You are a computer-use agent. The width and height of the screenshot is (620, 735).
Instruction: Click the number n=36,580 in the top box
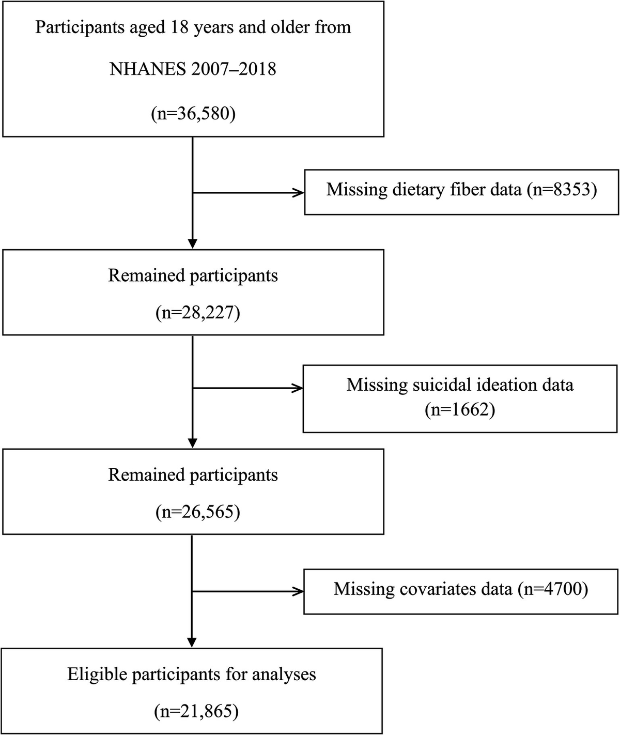click(193, 113)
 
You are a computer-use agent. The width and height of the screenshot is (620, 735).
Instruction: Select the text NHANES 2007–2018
click(193, 69)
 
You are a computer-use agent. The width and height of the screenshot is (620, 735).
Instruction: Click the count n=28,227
click(197, 313)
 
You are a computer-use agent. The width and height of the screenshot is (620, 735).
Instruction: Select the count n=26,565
click(197, 512)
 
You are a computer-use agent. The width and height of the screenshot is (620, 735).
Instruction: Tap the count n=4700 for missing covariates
click(552, 589)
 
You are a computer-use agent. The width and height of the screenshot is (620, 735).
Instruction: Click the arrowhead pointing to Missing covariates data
click(298, 591)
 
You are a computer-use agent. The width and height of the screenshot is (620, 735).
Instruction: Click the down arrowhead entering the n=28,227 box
click(192, 242)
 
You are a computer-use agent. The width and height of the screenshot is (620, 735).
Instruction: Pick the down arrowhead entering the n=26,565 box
click(192, 442)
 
